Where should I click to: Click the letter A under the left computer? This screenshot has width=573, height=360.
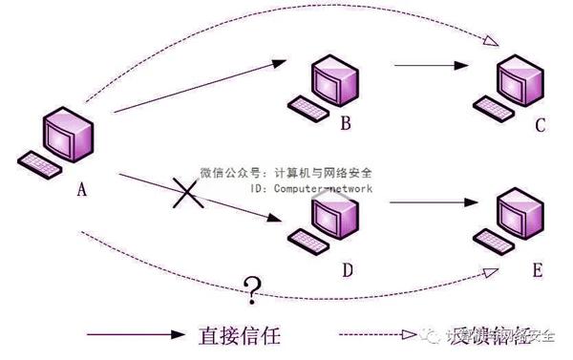click(82, 190)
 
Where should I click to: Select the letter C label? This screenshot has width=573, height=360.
click(540, 125)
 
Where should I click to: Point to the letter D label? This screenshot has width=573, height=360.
click(347, 270)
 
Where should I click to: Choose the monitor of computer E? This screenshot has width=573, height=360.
click(522, 215)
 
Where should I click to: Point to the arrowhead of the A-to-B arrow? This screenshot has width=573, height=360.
click(278, 64)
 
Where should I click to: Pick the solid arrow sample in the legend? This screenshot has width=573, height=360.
click(134, 335)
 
